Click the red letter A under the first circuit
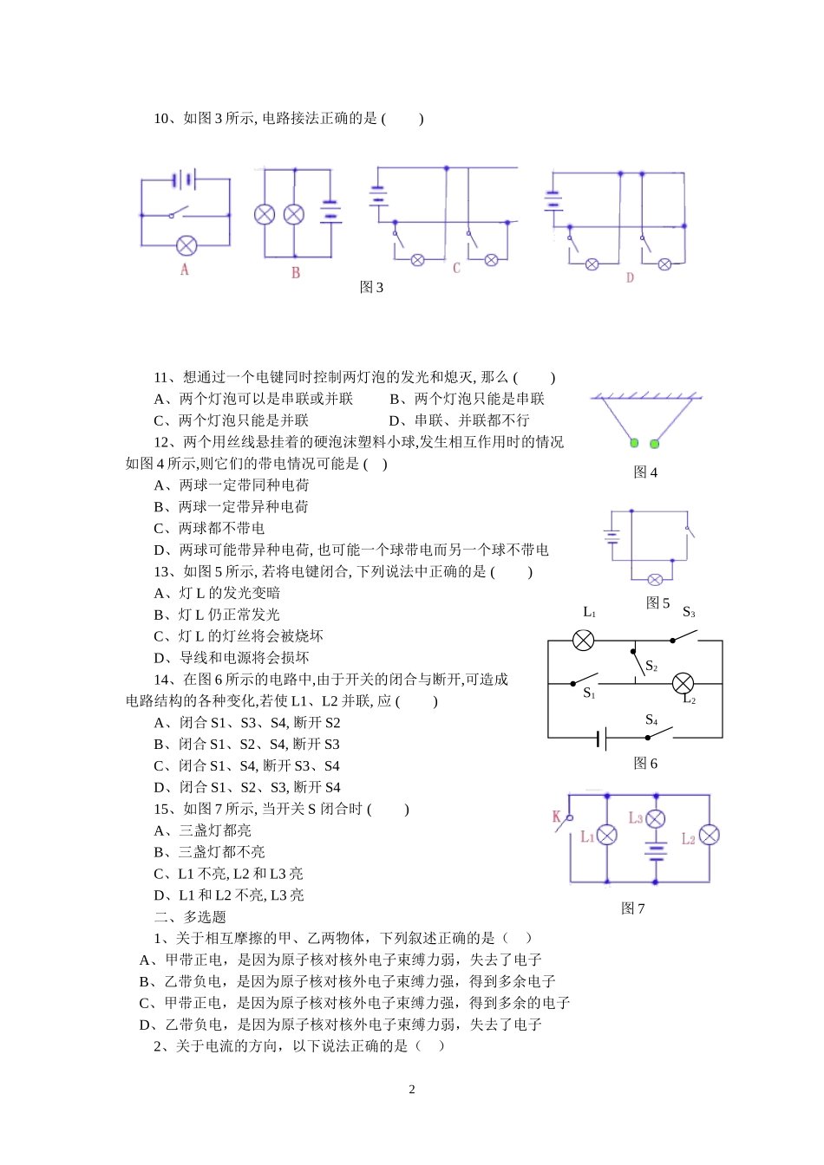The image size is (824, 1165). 185,270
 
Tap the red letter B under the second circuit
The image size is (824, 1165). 296,272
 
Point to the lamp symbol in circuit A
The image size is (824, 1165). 186,245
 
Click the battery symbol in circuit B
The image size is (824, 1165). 330,212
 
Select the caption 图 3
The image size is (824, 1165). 371,288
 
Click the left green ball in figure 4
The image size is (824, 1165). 634,444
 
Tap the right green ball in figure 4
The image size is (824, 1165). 655,444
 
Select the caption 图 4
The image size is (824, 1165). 645,472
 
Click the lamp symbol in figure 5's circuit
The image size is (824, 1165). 656,580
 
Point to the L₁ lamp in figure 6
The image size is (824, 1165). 585,641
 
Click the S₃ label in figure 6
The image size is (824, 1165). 689,613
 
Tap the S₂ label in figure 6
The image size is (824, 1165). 651,667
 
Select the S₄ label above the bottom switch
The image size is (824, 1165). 651,720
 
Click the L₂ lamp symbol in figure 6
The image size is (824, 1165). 683,683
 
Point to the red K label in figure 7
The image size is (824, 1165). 557,816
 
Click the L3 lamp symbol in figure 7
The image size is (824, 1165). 657,818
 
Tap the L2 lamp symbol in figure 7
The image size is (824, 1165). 710,835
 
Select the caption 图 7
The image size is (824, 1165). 633,908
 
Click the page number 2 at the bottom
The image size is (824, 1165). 412,1090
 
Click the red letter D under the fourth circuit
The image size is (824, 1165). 630,277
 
